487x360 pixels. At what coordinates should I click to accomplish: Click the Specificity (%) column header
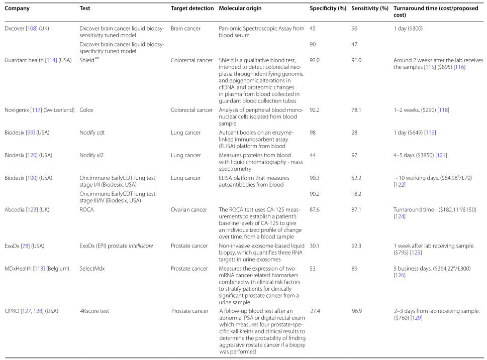pyautogui.click(x=327, y=9)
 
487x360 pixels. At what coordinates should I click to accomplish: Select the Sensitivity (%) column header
pyautogui.click(x=370, y=9)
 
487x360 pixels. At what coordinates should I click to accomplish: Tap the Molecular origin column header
pyautogui.click(x=240, y=9)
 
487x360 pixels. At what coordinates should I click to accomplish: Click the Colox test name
pyautogui.click(x=86, y=110)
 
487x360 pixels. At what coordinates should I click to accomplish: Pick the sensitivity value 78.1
pyautogui.click(x=357, y=110)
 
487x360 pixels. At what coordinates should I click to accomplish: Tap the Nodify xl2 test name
pyautogui.click(x=92, y=155)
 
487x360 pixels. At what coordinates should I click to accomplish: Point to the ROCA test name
pyautogui.click(x=86, y=209)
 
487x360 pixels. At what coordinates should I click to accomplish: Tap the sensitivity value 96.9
pyautogui.click(x=358, y=311)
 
